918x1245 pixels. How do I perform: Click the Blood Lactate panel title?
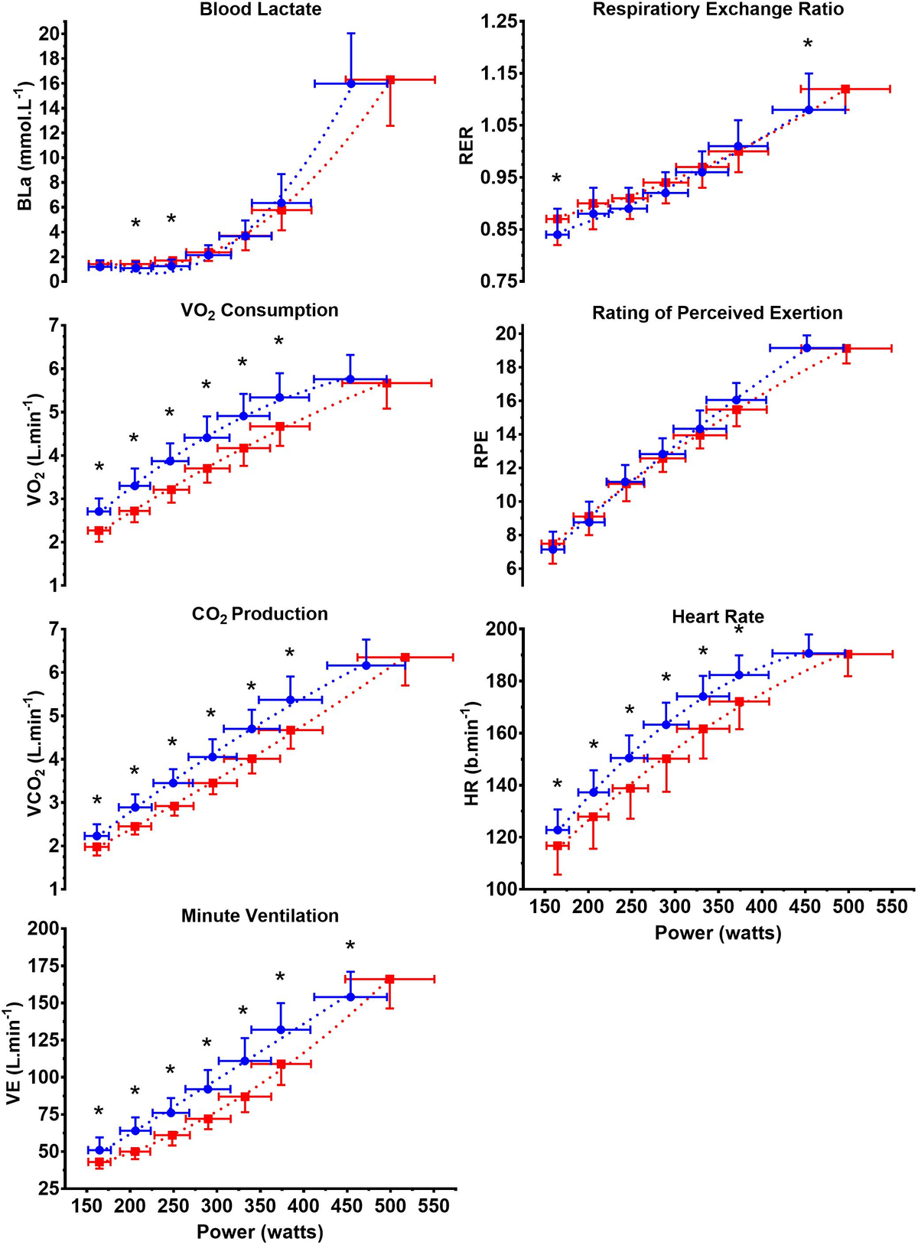click(x=260, y=10)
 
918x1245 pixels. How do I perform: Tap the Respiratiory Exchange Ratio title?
click(x=718, y=10)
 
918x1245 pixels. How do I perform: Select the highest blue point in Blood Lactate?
click(x=351, y=83)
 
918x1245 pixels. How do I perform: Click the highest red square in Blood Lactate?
click(x=390, y=79)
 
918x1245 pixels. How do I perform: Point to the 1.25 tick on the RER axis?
click(x=498, y=21)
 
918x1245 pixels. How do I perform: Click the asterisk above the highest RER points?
click(x=808, y=45)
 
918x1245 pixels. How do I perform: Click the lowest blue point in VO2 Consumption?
click(x=99, y=511)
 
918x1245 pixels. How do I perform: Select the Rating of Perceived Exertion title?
click(x=717, y=313)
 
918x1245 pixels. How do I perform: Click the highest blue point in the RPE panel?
click(x=806, y=348)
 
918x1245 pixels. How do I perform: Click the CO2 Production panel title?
click(x=260, y=614)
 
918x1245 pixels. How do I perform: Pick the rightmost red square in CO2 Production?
click(x=405, y=657)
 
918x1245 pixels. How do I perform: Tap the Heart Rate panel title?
click(x=718, y=616)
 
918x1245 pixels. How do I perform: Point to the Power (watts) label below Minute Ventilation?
click(x=260, y=1232)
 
